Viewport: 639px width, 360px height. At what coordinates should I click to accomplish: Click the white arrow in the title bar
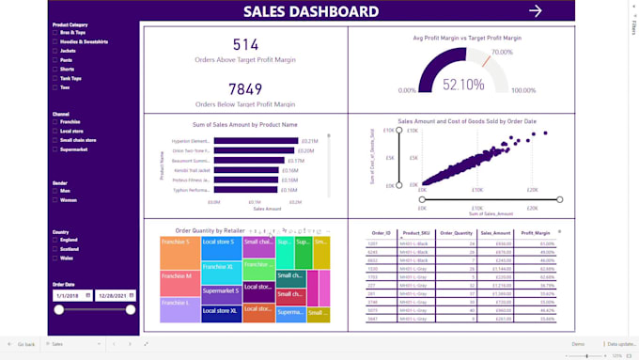coord(536,11)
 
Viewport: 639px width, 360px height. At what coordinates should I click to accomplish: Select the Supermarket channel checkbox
coord(55,149)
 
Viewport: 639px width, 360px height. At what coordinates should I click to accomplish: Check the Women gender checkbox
coord(55,200)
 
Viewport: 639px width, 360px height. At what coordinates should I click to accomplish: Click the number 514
coord(245,44)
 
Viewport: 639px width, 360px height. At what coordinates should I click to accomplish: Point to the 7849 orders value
coord(245,88)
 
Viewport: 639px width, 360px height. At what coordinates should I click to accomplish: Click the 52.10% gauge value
coord(462,84)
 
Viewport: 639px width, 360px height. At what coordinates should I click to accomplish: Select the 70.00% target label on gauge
coord(502,53)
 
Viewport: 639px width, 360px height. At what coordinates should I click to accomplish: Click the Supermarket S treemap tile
coord(221,291)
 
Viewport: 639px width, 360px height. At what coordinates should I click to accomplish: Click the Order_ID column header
coord(381,233)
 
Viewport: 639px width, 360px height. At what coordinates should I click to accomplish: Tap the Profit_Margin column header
coord(537,233)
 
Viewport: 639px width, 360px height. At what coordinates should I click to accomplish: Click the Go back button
coord(21,345)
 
